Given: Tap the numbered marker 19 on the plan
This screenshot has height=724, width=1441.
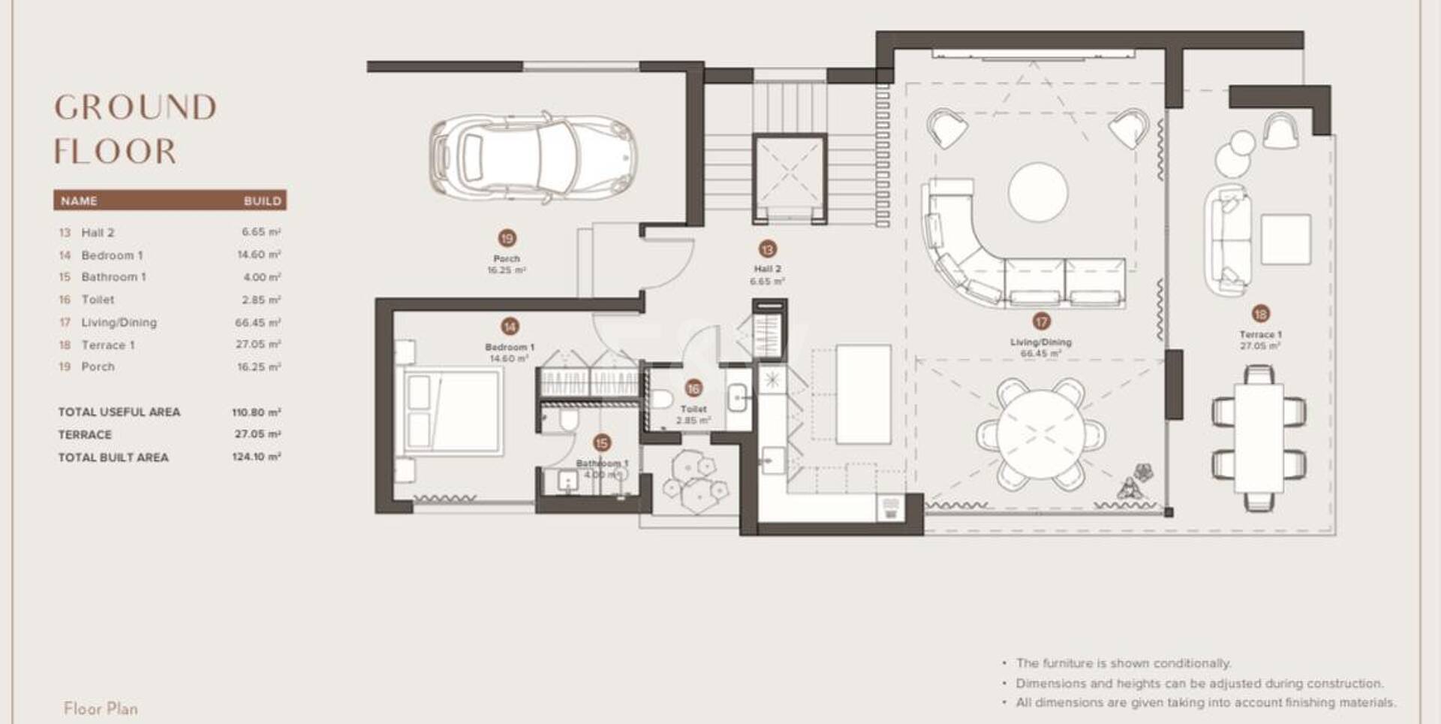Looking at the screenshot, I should [x=507, y=239].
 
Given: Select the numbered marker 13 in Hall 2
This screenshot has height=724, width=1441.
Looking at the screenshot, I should [x=767, y=249].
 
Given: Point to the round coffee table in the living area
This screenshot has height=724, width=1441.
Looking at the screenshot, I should [x=1038, y=192].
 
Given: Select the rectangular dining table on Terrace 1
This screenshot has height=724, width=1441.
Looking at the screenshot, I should [x=1259, y=436].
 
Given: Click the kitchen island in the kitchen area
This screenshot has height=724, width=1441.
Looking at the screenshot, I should [x=863, y=394].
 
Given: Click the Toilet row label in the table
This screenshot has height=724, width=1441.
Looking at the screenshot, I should [x=98, y=300].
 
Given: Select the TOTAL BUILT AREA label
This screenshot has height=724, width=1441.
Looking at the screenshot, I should [x=113, y=457].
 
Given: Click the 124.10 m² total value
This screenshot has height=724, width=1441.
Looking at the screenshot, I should [x=256, y=457].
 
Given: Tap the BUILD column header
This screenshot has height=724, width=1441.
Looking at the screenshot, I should [x=262, y=201].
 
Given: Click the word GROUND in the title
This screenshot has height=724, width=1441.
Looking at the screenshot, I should [x=135, y=107].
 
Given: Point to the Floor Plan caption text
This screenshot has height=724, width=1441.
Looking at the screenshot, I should [x=101, y=708].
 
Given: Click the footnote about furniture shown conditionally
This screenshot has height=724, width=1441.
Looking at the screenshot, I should [x=1123, y=663].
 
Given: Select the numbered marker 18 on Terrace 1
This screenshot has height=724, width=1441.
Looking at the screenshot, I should [x=1260, y=314].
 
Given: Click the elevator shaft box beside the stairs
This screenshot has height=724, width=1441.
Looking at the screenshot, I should [x=790, y=177].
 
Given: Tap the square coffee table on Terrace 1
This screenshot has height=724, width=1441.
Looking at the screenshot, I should [x=1286, y=239].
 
